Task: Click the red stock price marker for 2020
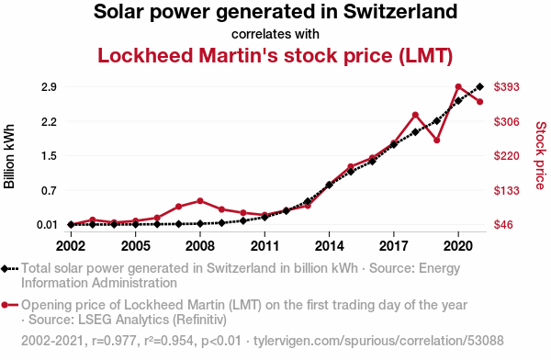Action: click(458, 87)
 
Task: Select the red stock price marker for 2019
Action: click(437, 141)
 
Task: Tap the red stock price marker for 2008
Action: click(200, 201)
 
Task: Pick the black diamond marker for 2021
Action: click(480, 86)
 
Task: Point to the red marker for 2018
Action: click(415, 115)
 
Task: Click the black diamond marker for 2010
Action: click(243, 220)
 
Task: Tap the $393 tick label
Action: click(506, 87)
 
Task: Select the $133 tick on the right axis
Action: click(506, 190)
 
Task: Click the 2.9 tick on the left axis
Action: click(49, 87)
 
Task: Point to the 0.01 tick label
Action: click(47, 225)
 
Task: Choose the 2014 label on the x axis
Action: click(330, 246)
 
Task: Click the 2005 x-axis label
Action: click(136, 246)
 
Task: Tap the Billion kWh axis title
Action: click(9, 156)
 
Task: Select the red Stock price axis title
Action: click(541, 155)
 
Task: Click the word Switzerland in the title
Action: click(400, 12)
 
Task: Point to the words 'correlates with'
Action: click(275, 34)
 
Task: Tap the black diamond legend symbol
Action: click(9, 269)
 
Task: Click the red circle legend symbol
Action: click(9, 305)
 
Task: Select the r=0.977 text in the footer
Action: click(114, 341)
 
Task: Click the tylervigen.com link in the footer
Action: click(378, 341)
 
